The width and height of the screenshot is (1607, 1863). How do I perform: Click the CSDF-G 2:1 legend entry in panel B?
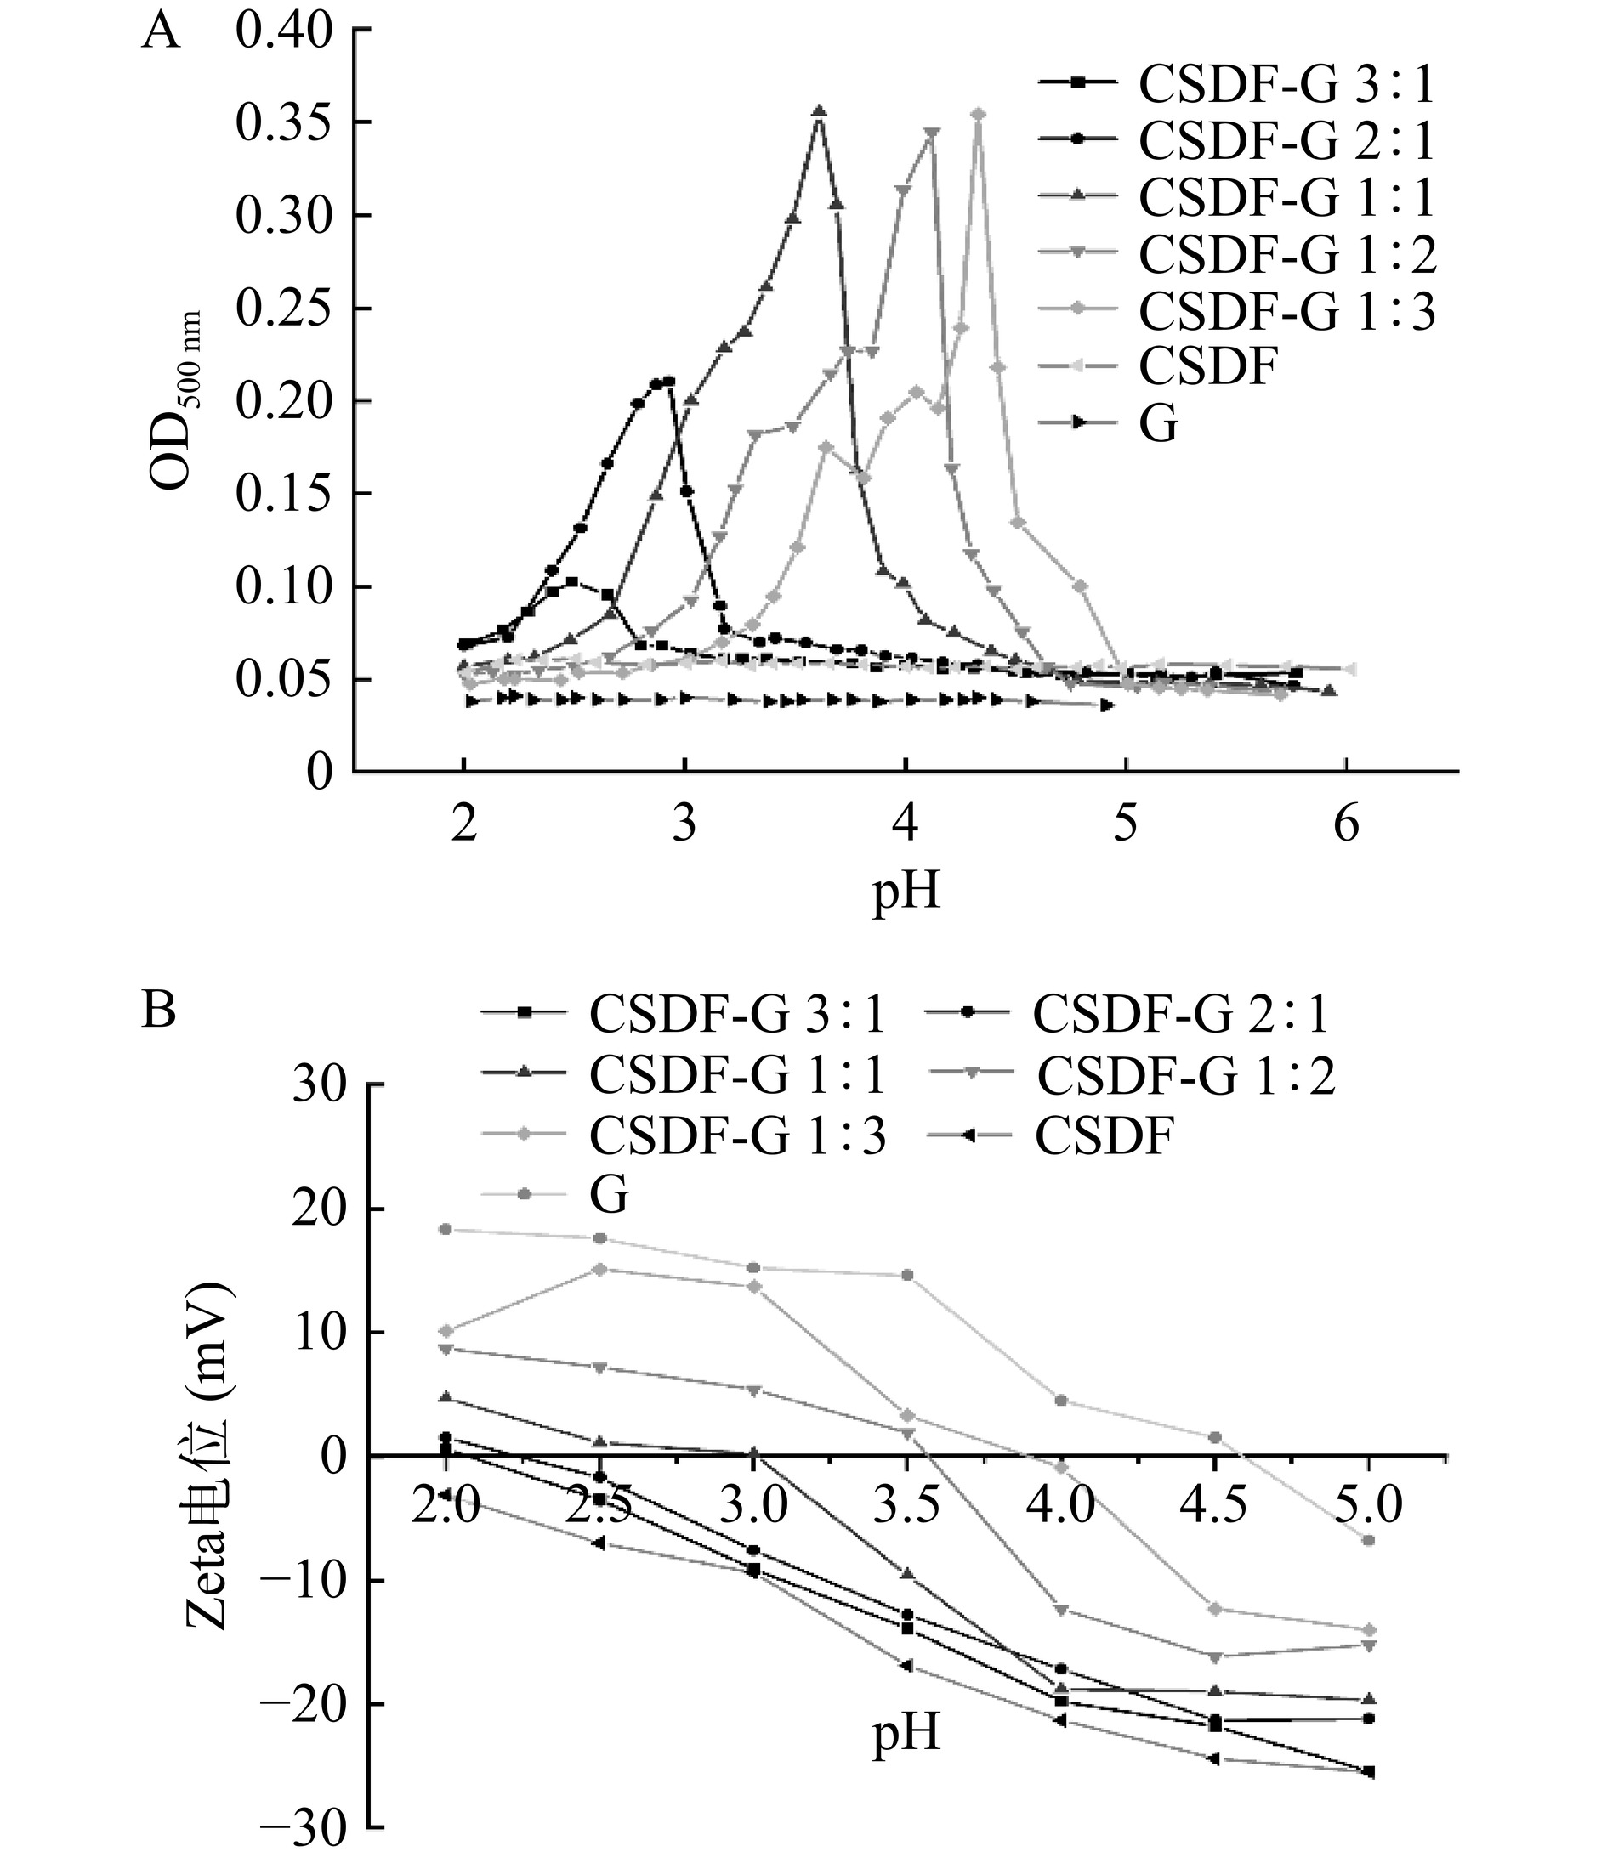(1178, 1014)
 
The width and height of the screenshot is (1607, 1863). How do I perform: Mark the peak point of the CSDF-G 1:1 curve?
(818, 111)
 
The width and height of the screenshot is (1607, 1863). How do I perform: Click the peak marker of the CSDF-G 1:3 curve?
(979, 114)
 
